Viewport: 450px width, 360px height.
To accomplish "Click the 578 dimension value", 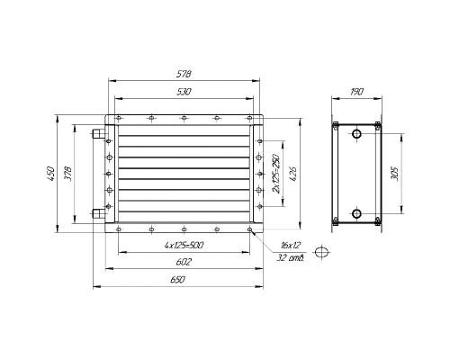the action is [184, 74].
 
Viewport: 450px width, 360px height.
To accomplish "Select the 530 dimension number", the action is [184, 92].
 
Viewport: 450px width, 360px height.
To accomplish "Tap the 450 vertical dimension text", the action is [50, 174].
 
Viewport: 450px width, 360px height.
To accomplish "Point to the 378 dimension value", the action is [67, 174].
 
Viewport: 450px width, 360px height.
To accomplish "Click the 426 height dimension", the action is [292, 174].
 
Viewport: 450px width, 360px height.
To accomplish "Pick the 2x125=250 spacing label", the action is [275, 174].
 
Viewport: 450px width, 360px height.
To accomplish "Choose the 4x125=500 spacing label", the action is [184, 246].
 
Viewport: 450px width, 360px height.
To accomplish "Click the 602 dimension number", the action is [184, 262].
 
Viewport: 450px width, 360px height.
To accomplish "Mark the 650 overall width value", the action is [177, 280].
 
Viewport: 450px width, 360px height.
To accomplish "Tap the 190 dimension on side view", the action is [356, 91].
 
